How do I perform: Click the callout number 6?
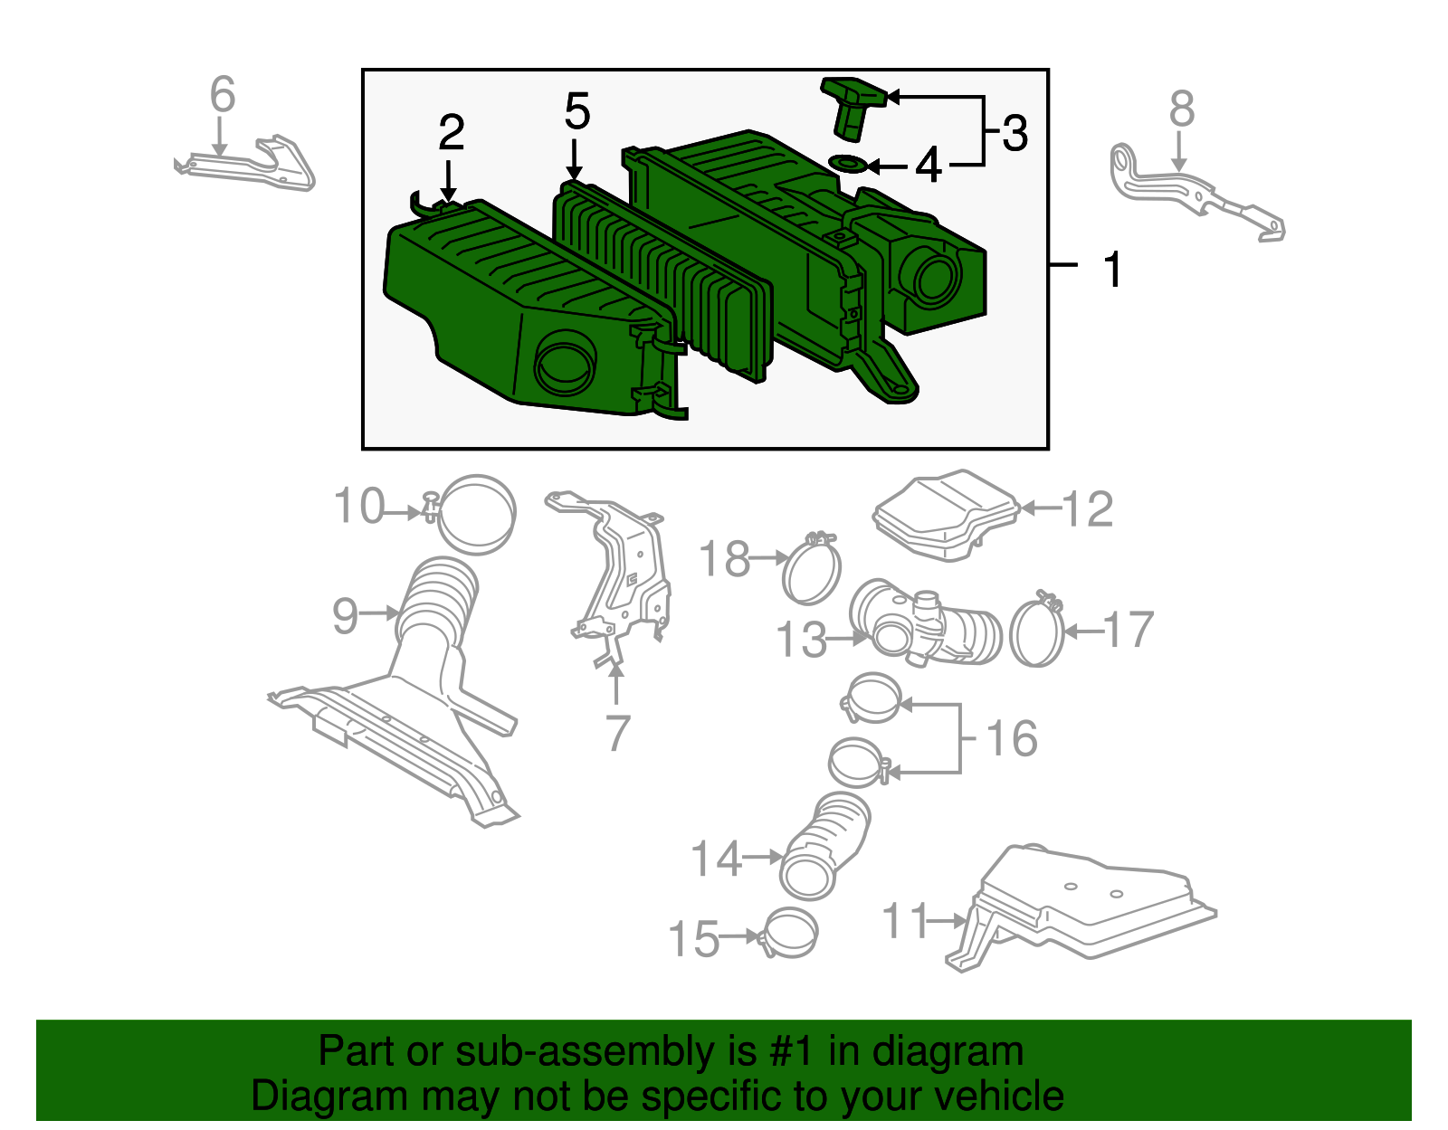(223, 94)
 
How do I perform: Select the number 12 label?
(1087, 509)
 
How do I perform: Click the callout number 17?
(1129, 630)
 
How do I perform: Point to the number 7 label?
(617, 733)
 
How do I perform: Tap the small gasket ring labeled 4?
(848, 163)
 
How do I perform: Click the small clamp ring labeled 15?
(788, 933)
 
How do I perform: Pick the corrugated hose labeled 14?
(824, 846)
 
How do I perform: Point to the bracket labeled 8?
(1196, 192)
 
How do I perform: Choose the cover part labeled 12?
(947, 515)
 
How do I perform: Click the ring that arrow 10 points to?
(477, 514)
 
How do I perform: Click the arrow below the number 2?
(449, 180)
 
